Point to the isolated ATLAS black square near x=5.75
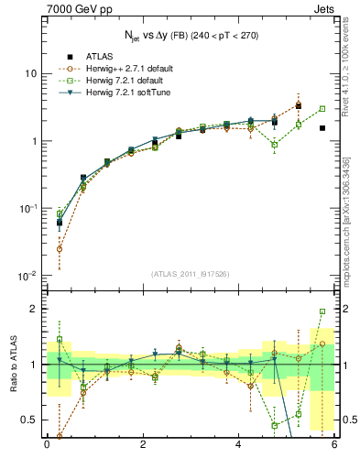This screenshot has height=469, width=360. pos(322,128)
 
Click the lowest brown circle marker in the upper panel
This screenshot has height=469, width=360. pos(60,248)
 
